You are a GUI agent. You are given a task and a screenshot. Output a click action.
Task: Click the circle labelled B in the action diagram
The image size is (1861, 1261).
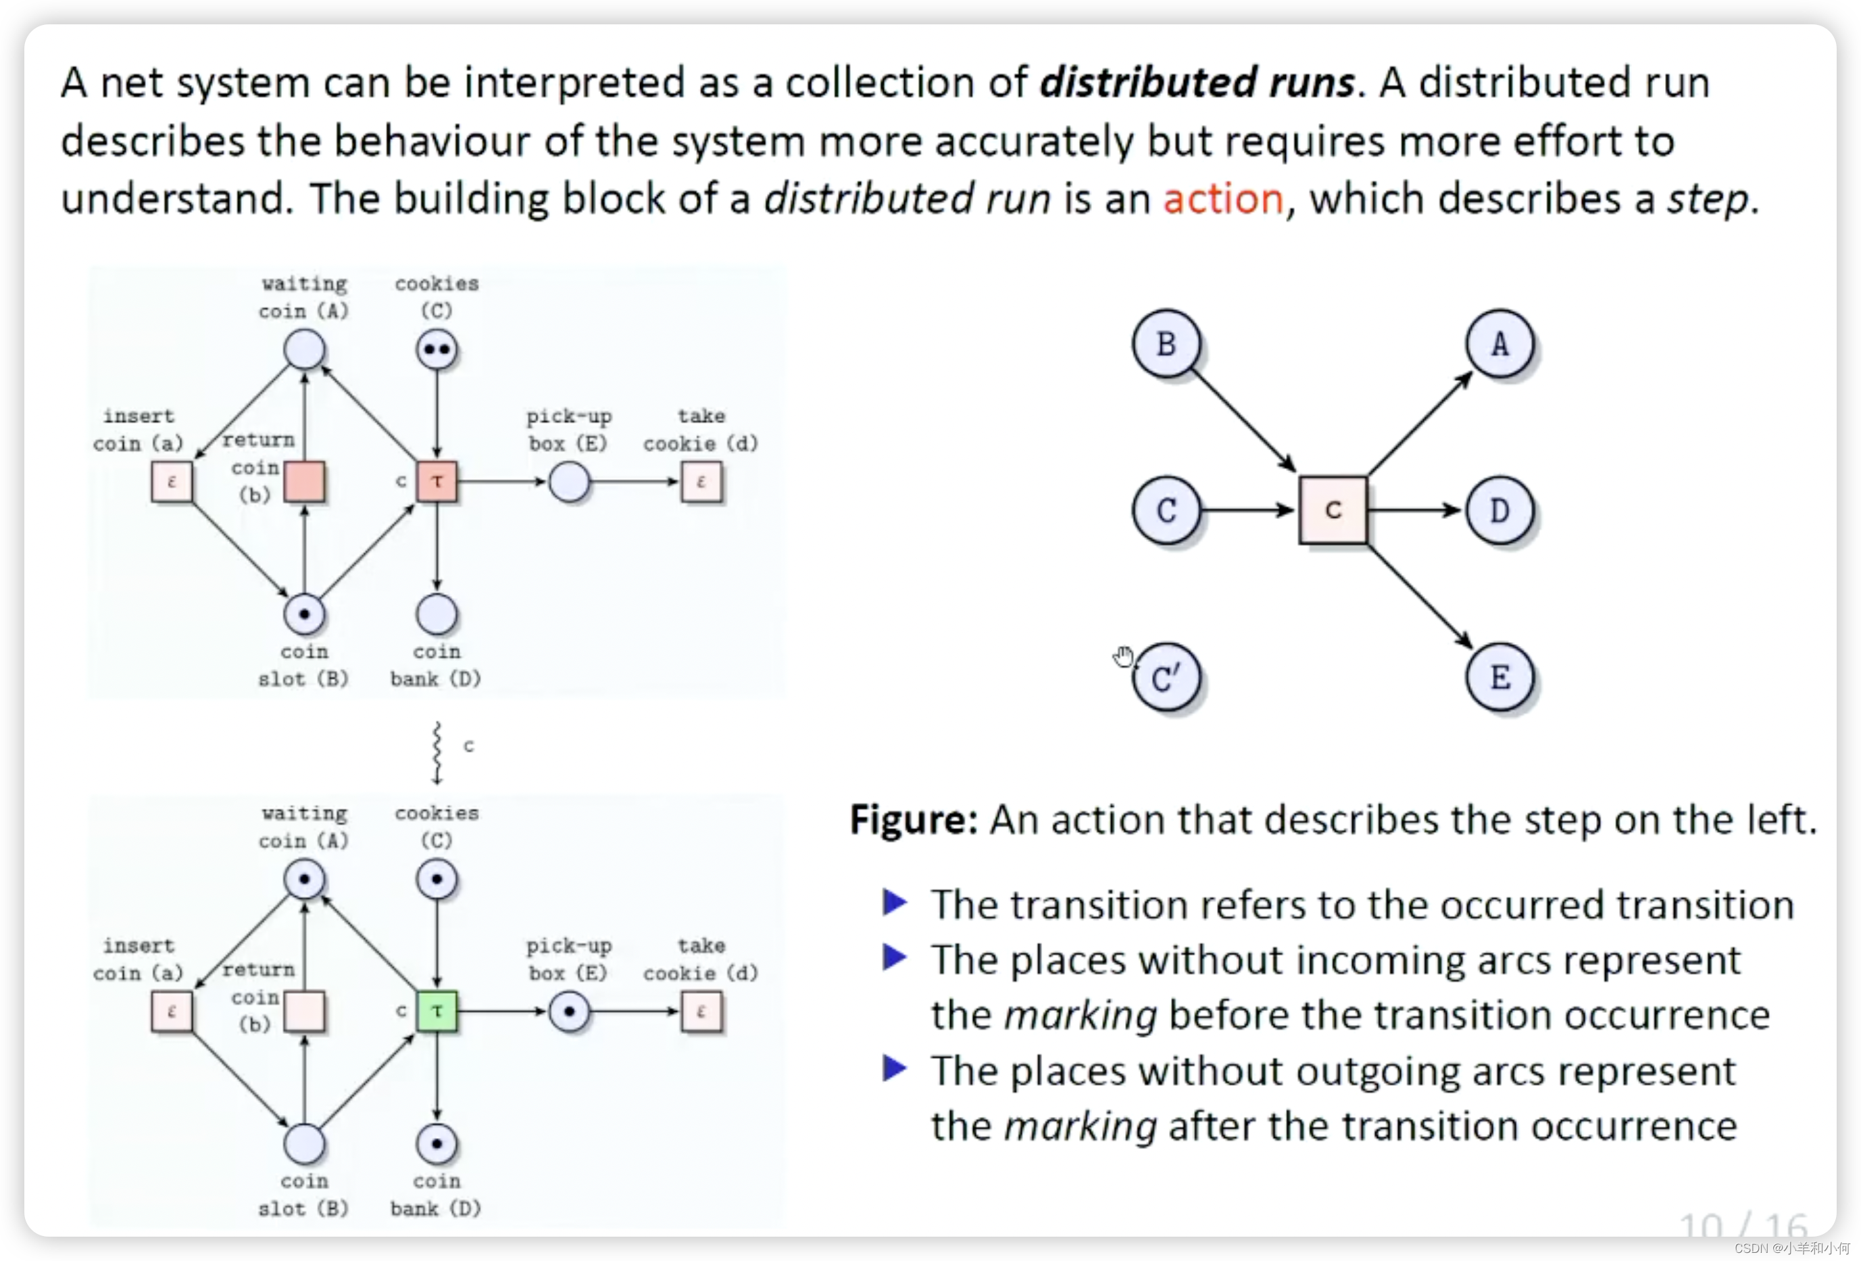click(x=1166, y=344)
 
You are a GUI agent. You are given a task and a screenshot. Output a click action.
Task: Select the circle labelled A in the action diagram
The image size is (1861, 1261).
click(x=1500, y=344)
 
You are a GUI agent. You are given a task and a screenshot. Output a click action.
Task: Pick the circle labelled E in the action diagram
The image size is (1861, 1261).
click(x=1500, y=678)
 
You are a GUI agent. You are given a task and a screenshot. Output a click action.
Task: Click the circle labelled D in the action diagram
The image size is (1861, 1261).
click(x=1500, y=511)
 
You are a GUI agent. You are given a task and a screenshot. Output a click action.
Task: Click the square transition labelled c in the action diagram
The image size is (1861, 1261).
click(x=1333, y=511)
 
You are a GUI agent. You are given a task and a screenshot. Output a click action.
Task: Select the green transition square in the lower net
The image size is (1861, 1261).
click(x=437, y=1011)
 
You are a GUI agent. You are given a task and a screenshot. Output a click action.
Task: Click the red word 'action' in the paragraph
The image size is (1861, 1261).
click(x=1223, y=199)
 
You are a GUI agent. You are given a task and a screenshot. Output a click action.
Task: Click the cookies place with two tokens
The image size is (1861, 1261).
click(x=437, y=350)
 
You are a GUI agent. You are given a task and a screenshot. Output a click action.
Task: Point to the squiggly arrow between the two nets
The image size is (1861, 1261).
click(x=437, y=753)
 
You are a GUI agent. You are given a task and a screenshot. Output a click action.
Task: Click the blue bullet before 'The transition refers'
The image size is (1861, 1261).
click(x=895, y=903)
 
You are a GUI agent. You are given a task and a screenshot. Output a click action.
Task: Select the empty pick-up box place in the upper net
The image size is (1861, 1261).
click(x=570, y=482)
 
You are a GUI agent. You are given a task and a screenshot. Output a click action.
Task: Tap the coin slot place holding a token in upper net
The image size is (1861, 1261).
click(x=304, y=615)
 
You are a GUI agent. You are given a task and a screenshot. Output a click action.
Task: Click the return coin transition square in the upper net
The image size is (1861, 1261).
click(x=304, y=482)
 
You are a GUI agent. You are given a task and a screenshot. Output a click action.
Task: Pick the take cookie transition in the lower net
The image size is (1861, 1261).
click(x=701, y=1011)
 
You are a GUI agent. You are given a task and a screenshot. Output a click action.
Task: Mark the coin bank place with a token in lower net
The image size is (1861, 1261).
click(x=437, y=1144)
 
